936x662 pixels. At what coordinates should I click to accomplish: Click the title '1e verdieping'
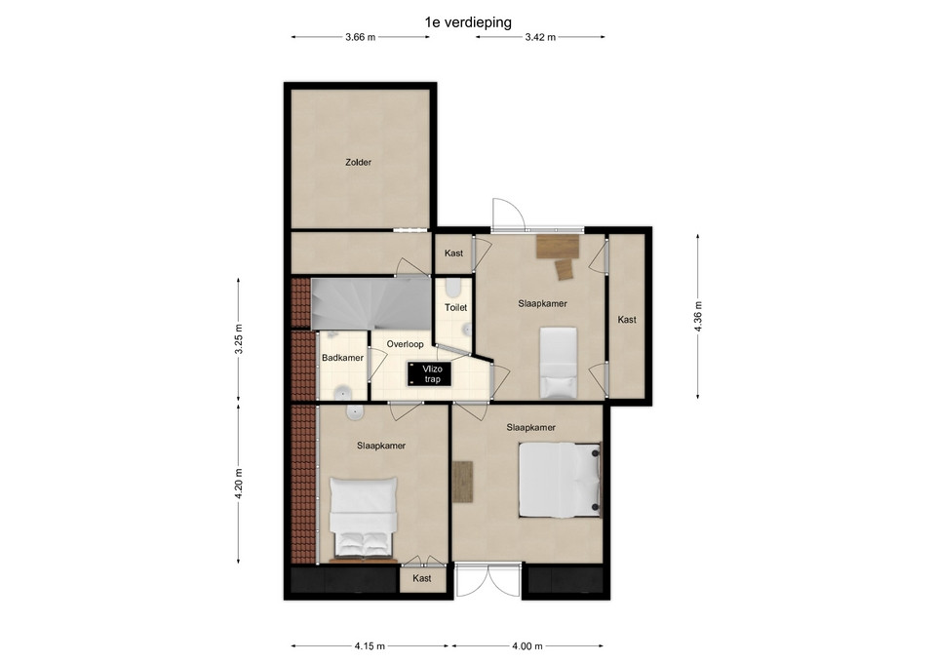[x=468, y=22]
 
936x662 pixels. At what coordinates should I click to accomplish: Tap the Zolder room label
[x=358, y=162]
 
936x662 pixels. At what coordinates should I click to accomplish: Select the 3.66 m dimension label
[x=361, y=37]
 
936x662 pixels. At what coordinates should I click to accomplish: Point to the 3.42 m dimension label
[x=540, y=37]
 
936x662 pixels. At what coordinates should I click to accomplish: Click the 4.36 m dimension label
[x=698, y=316]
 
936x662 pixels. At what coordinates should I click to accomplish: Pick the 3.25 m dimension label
[x=238, y=339]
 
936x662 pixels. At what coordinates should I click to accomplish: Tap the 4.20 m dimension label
[x=238, y=484]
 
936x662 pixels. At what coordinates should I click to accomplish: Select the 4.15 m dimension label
[x=370, y=645]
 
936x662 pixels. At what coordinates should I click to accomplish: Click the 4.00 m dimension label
[x=527, y=645]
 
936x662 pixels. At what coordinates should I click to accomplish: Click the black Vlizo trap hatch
[x=430, y=373]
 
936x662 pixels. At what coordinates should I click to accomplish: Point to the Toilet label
[x=456, y=307]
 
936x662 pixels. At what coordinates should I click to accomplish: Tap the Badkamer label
[x=342, y=358]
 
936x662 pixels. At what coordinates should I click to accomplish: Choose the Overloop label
[x=406, y=344]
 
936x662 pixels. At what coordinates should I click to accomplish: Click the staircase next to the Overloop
[x=370, y=304]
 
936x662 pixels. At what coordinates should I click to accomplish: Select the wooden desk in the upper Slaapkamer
[x=558, y=247]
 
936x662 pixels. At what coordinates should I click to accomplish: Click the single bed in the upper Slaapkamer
[x=559, y=363]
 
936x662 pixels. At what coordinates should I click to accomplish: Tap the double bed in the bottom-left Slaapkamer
[x=364, y=518]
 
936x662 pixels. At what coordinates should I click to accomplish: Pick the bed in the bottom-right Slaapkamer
[x=560, y=480]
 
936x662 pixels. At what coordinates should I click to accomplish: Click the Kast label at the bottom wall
[x=422, y=578]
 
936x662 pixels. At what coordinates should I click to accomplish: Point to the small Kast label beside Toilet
[x=453, y=253]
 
